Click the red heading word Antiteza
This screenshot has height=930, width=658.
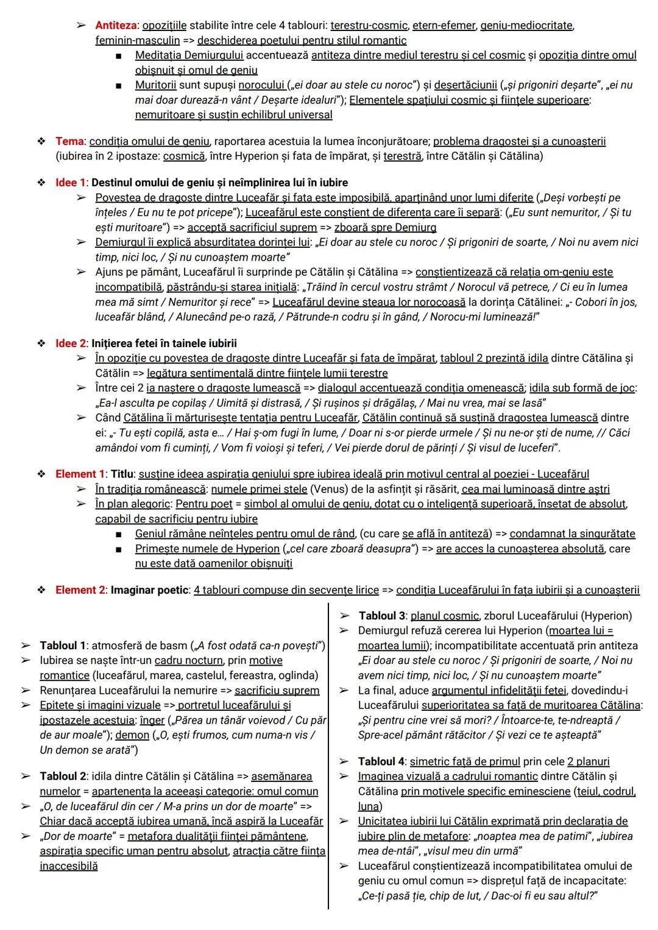[x=116, y=26]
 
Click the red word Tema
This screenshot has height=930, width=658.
[x=69, y=141]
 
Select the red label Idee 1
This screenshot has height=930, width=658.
[x=71, y=183]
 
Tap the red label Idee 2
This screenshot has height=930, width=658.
[x=71, y=343]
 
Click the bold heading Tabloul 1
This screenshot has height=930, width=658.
[x=62, y=646]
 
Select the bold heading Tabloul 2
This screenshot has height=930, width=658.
[x=62, y=777]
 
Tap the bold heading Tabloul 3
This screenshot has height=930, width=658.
[x=381, y=616]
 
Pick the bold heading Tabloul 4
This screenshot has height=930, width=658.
[x=381, y=762]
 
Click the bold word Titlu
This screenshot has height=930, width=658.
[x=122, y=474]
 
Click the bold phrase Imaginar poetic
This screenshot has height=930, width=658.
[x=150, y=590]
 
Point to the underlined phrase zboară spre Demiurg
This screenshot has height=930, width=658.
[x=385, y=227]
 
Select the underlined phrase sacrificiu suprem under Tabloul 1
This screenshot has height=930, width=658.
[x=277, y=691]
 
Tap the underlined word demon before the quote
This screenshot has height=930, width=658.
[x=132, y=735]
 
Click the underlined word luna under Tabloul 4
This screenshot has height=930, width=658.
[x=369, y=806]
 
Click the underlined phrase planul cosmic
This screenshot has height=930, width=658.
[x=445, y=616]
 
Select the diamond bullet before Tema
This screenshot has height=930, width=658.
[x=41, y=141]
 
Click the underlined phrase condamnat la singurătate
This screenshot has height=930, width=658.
[x=572, y=534]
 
